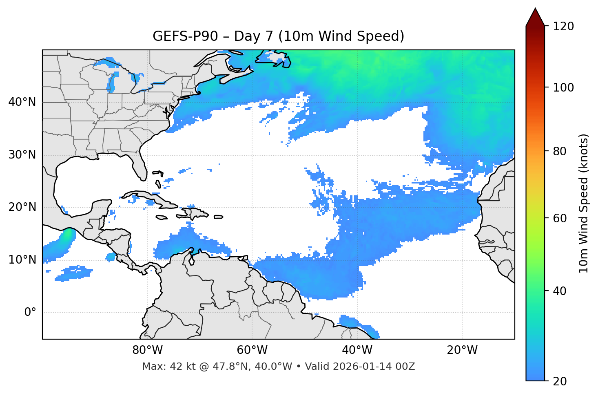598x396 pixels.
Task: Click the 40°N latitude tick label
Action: (x=22, y=102)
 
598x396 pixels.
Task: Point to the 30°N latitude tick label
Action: (x=22, y=155)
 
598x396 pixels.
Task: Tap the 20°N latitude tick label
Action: (x=22, y=207)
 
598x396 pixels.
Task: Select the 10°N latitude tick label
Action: (x=22, y=260)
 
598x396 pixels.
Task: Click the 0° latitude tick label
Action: (x=30, y=313)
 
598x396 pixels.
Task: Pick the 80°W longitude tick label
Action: (x=147, y=350)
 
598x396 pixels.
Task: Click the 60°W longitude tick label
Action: (x=252, y=350)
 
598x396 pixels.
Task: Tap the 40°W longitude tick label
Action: (x=357, y=350)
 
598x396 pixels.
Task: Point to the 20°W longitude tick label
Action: (x=462, y=350)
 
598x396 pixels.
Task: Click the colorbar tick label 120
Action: (x=563, y=27)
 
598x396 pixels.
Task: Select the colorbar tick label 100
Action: (x=563, y=87)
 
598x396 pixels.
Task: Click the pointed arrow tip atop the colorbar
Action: (x=535, y=9)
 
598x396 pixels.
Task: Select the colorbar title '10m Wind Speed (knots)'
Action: (x=584, y=203)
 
